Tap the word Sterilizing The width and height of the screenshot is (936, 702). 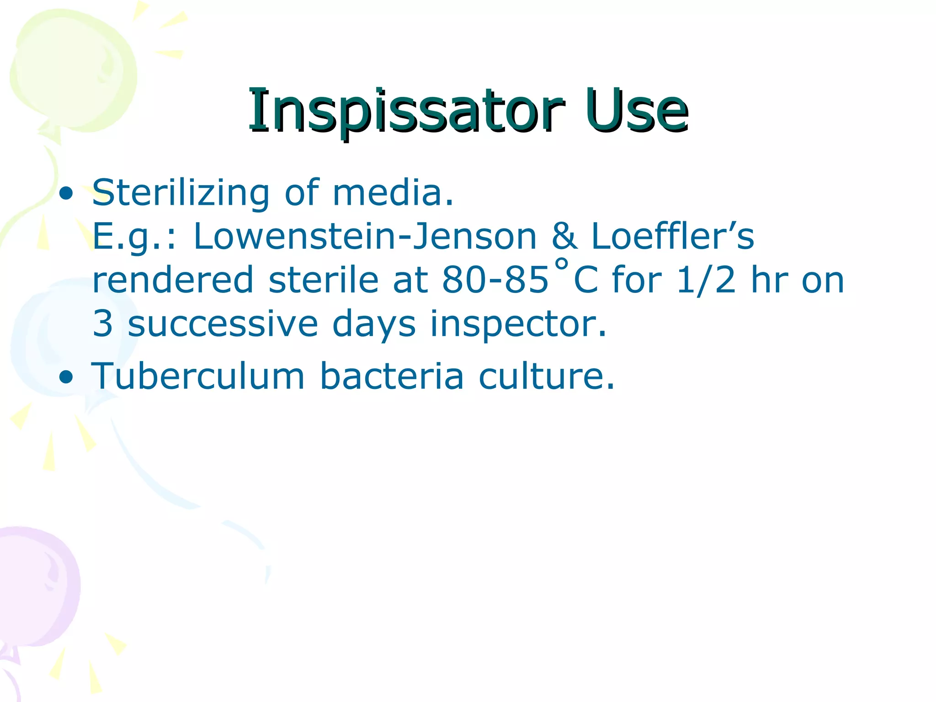tap(181, 193)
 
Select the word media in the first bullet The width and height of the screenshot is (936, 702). tap(392, 193)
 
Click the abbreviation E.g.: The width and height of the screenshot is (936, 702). tap(134, 237)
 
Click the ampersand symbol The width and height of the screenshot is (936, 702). tap(564, 237)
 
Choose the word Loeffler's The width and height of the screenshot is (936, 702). tap(672, 237)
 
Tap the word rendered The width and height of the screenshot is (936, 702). tap(173, 280)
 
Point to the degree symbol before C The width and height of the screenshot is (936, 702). tap(561, 264)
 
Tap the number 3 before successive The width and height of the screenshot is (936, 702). tap(102, 324)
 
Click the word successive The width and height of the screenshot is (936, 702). tap(223, 324)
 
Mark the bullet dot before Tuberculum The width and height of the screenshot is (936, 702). tap(66, 378)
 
